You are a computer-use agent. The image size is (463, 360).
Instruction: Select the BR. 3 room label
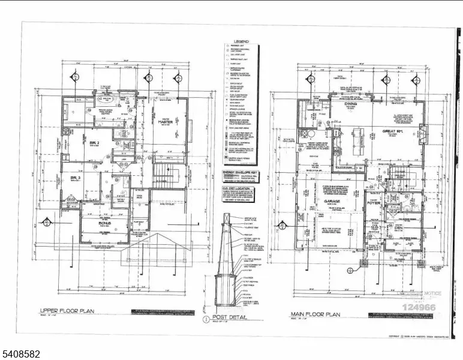75,178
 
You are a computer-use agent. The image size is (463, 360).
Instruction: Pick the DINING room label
350,104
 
